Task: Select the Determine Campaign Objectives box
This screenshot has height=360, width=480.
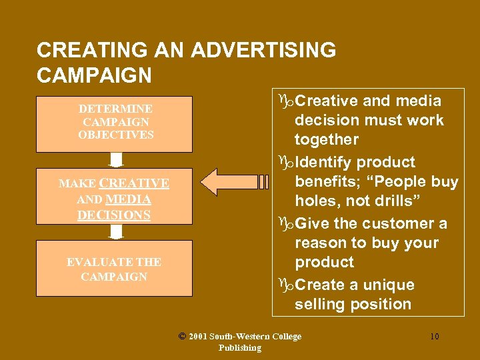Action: [x=114, y=124]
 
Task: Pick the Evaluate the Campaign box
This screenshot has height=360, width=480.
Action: [x=114, y=268]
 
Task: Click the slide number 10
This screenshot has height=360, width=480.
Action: [x=434, y=337]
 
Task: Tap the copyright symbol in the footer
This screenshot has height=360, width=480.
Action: [x=183, y=336]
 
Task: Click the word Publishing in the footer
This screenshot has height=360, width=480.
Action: [x=239, y=348]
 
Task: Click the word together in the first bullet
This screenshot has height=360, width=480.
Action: [x=327, y=139]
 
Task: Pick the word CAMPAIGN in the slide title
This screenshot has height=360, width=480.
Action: [x=94, y=75]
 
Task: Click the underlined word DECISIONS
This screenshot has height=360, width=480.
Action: [x=114, y=215]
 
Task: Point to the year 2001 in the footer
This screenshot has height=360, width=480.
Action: [x=198, y=337]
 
